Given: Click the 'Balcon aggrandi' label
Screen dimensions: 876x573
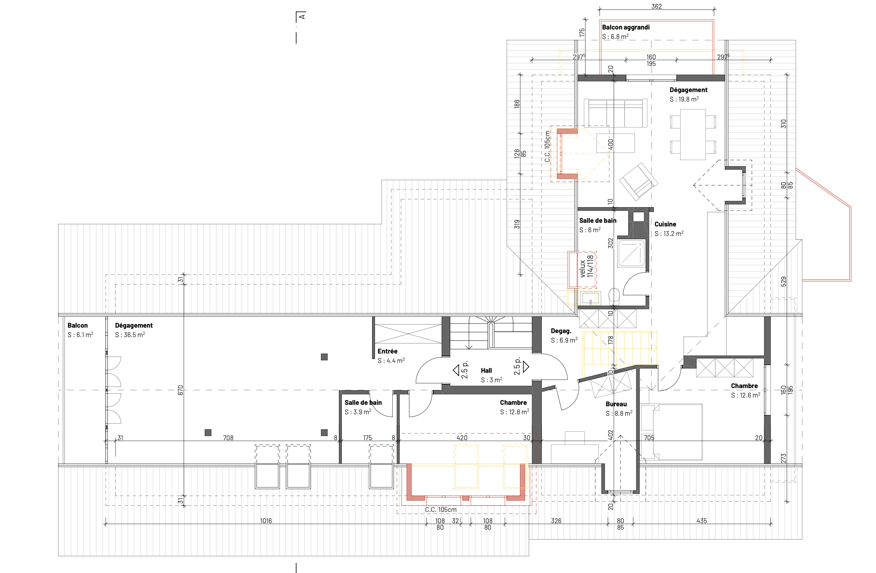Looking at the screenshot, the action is pos(626,27).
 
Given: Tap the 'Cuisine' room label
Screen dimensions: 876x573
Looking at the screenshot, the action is pos(665,224).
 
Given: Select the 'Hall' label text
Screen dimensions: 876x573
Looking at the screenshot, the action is pos(486,370).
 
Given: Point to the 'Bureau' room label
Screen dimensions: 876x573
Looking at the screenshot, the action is pos(616,404).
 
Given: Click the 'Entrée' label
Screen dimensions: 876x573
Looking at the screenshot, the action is pos(387,351).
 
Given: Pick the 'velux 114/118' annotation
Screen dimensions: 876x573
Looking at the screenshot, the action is pos(586,266).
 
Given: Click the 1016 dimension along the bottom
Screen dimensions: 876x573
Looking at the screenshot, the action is pos(266,521).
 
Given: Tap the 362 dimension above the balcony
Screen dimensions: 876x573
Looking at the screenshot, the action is pos(656,6).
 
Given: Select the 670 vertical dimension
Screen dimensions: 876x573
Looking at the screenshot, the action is pos(180,390).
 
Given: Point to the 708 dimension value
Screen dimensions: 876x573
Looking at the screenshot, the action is pos(228,438).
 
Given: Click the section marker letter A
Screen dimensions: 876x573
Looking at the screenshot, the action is pos(302,16).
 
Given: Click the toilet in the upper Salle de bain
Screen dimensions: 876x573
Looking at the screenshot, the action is pos(614,296).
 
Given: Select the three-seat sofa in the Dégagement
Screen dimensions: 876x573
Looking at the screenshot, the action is pos(615,112).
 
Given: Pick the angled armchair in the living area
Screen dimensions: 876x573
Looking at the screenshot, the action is pos(638,182).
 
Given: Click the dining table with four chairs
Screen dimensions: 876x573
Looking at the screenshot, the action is pos(693,135).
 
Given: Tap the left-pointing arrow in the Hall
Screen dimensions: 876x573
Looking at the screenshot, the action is pos(456,370).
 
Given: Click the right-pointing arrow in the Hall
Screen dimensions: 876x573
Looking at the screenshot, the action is pos(526,366).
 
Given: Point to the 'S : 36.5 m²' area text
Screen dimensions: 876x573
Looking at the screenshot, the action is pos(130,335).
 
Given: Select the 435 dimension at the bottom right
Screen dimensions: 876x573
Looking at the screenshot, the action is pos(701,521).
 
